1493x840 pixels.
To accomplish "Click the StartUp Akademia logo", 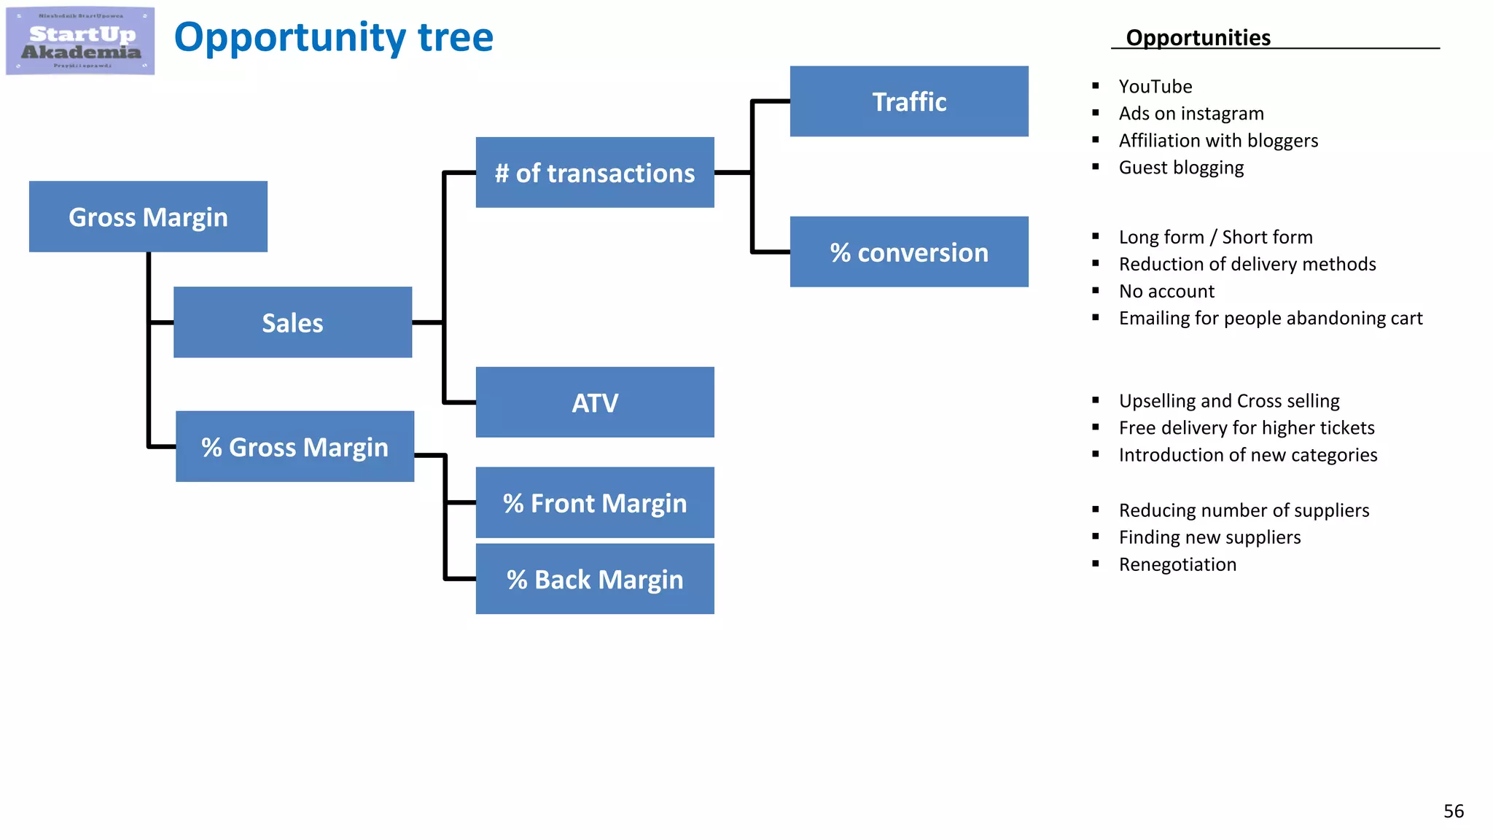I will tap(80, 41).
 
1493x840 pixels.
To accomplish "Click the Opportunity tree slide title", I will tap(333, 37).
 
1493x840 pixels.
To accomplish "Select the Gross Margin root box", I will tap(148, 217).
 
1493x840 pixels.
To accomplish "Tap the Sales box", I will tap(292, 322).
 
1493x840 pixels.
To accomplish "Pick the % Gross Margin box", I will tap(295, 446).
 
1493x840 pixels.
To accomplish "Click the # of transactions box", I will tap(595, 173).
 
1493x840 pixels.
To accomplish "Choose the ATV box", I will tap(595, 402).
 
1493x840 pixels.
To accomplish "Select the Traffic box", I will tap(909, 101).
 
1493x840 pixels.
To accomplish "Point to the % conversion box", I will tap(909, 252).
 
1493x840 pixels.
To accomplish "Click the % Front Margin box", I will tap(595, 503).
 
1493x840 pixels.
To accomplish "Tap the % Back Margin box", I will tap(595, 579).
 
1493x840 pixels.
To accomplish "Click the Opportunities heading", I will tap(1198, 37).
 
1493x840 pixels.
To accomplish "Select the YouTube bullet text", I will tap(1155, 87).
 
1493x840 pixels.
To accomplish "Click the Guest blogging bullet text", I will tap(1181, 168).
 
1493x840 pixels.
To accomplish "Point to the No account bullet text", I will tap(1166, 292).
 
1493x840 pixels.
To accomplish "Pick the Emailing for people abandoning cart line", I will tap(1270, 319).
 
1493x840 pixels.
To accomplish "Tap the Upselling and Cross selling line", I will tap(1229, 401).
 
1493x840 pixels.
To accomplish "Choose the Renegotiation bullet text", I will tap(1177, 564).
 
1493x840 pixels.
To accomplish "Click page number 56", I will tap(1453, 811).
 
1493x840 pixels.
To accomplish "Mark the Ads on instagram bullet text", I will tap(1191, 114).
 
